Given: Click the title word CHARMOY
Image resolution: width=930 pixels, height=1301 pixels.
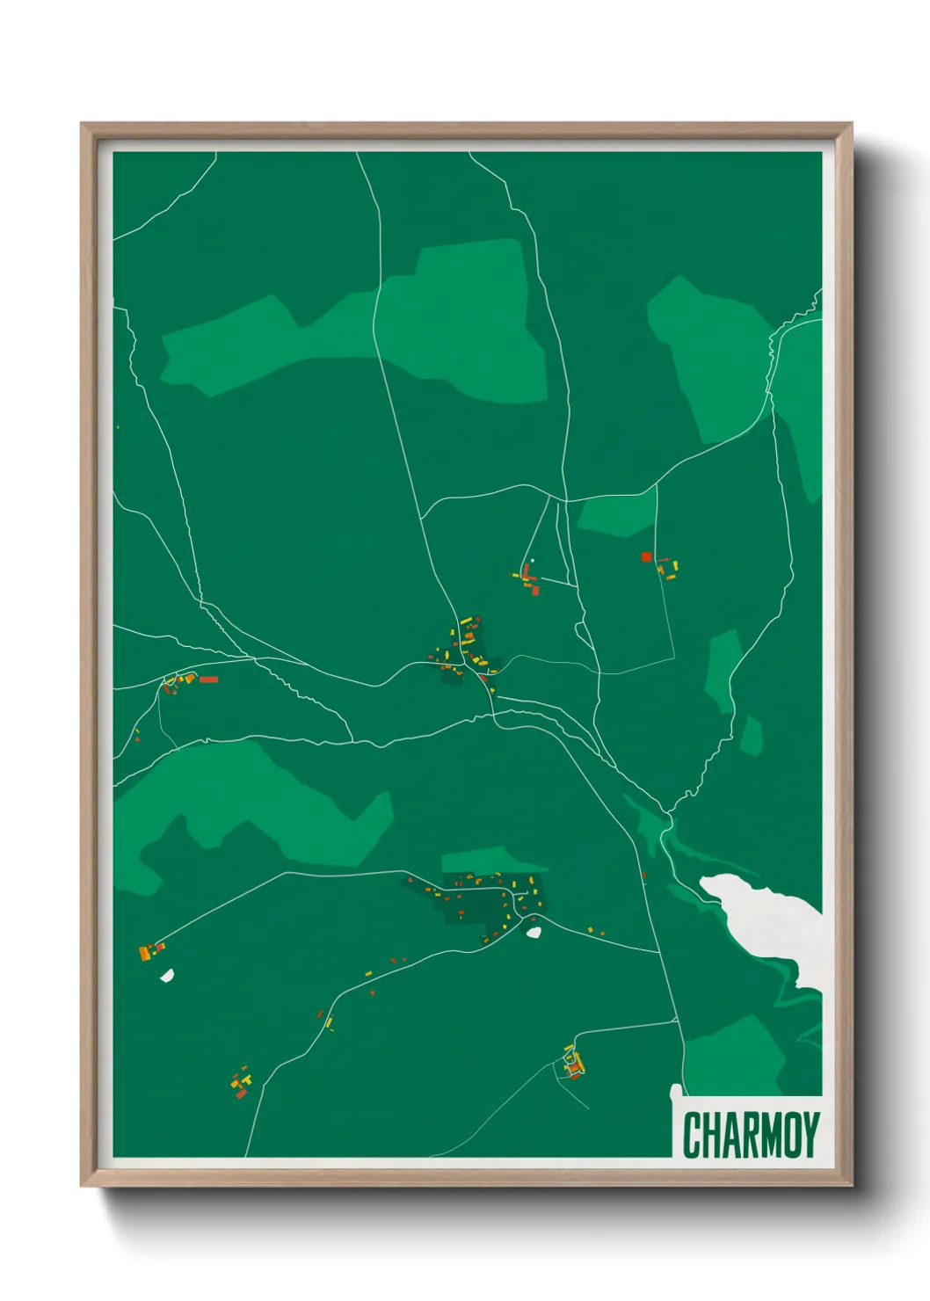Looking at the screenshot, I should [x=751, y=1135].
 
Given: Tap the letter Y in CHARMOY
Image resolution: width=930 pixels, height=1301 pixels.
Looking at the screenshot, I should [x=810, y=1135].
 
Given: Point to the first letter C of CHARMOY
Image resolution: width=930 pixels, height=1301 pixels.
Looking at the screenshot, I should [x=691, y=1135].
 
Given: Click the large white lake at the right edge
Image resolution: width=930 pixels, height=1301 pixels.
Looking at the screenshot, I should [x=774, y=923].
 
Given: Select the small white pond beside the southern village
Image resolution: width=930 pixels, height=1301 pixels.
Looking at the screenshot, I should [x=533, y=932].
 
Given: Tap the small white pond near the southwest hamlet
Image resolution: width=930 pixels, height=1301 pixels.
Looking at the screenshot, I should [x=166, y=975].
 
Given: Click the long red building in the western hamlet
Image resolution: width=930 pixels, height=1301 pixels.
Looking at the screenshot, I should [x=208, y=679].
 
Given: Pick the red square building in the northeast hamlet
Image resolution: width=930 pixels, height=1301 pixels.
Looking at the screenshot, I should [x=646, y=556].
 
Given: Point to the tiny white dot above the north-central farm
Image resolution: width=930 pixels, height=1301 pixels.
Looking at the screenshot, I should [x=533, y=561].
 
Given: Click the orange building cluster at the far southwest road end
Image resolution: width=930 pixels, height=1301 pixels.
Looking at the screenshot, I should [x=149, y=950].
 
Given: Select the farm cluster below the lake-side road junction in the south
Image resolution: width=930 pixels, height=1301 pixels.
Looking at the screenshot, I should [x=574, y=1064].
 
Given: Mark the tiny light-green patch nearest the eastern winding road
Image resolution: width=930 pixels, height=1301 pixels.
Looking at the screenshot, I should [x=751, y=736].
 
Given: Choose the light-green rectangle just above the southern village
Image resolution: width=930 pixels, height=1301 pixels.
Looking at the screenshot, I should [x=483, y=860].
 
